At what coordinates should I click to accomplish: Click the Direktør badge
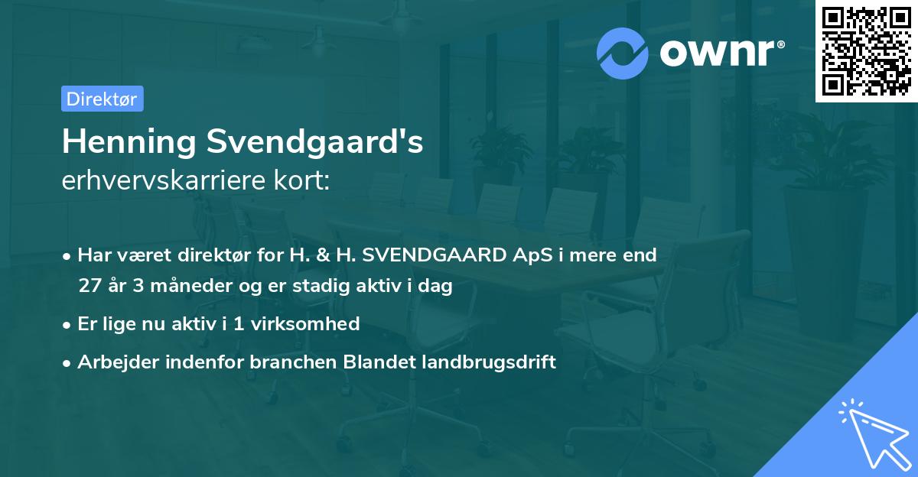(102, 99)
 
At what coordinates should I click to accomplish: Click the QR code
(866, 51)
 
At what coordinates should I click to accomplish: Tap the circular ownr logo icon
(623, 53)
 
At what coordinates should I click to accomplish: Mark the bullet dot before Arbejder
(68, 362)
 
